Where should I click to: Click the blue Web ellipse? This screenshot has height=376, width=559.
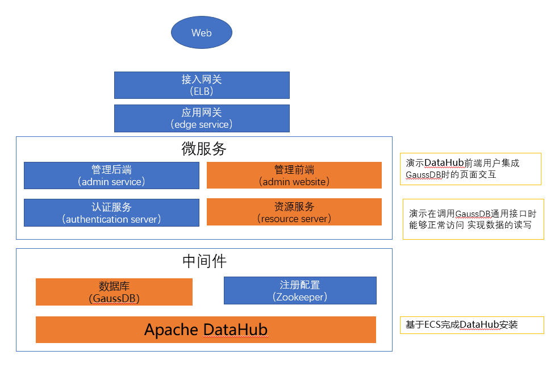click(202, 32)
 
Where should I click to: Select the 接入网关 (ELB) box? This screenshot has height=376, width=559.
click(202, 85)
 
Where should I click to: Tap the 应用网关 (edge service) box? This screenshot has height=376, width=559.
click(202, 118)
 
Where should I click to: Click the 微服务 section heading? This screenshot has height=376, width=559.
click(203, 149)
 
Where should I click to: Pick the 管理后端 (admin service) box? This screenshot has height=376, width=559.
click(111, 176)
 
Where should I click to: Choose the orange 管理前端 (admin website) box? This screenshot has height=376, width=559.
click(294, 176)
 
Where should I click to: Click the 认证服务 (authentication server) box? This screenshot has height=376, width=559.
click(111, 213)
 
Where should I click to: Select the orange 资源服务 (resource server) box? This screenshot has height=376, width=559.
click(294, 212)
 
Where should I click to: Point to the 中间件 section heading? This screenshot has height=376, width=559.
click(205, 261)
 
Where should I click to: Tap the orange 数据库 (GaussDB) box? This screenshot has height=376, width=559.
click(114, 292)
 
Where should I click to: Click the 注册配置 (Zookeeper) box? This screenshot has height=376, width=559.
click(300, 290)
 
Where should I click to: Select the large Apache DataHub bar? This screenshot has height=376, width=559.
click(206, 329)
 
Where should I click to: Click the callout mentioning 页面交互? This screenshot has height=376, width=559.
click(470, 169)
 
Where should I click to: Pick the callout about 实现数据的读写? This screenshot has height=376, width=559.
click(473, 219)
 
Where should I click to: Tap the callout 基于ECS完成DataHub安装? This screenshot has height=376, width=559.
click(472, 325)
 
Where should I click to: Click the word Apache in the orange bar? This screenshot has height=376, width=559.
click(171, 330)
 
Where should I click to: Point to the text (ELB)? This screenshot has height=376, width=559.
click(202, 91)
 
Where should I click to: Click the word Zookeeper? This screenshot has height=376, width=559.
click(300, 297)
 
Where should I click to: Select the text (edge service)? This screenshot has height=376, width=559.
click(202, 124)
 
